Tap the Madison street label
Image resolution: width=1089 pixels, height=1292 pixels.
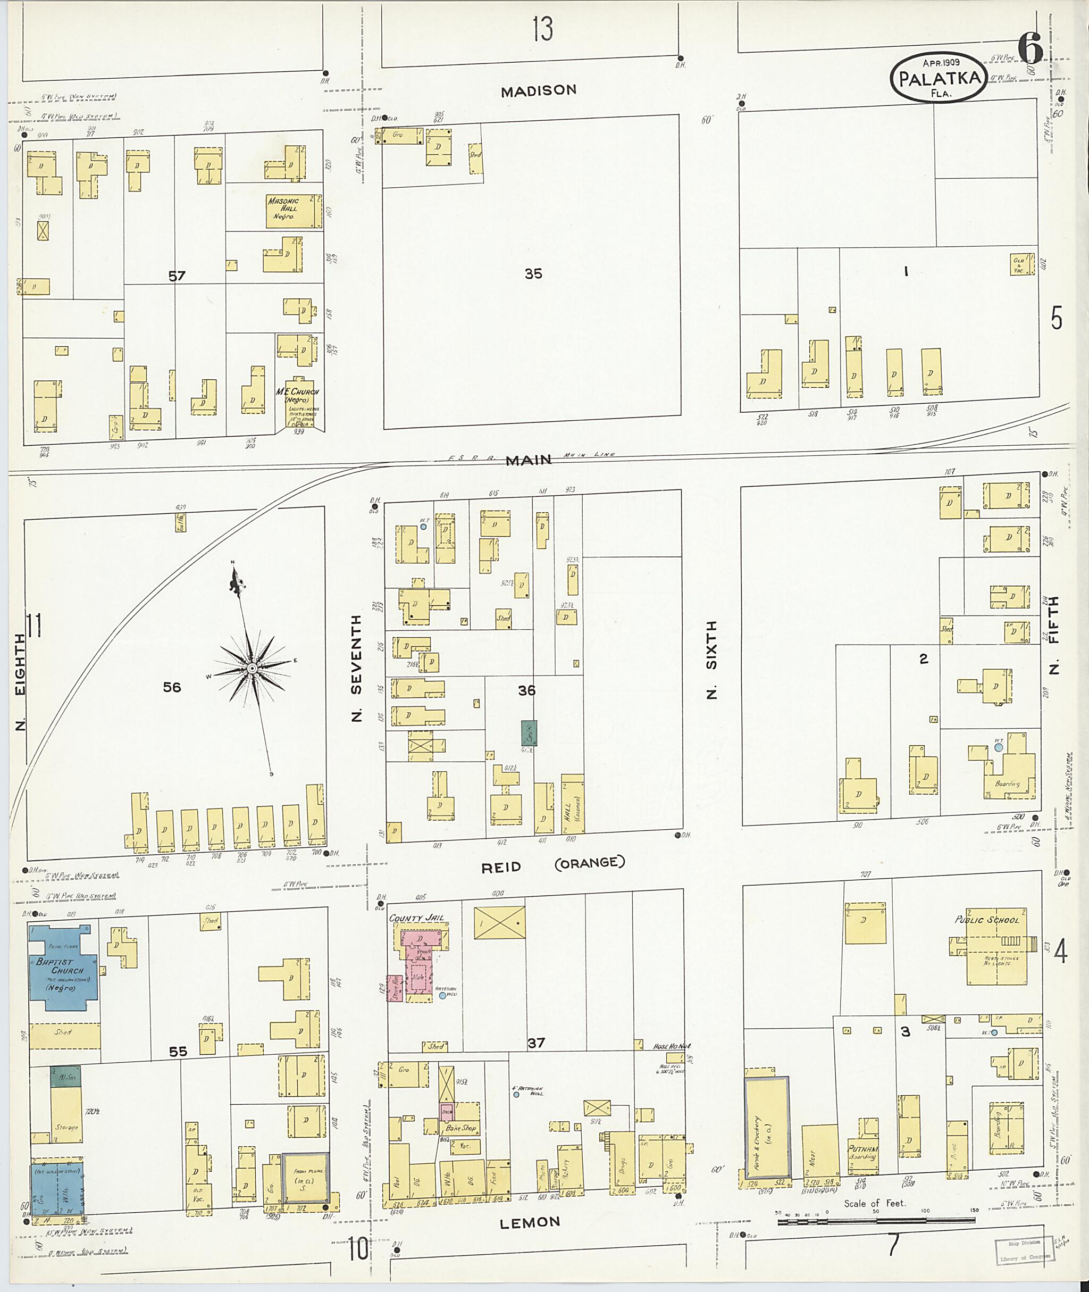pyautogui.click(x=538, y=91)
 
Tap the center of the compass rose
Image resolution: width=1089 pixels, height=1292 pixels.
pyautogui.click(x=252, y=669)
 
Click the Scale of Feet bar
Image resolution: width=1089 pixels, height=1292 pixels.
pyautogui.click(x=877, y=1220)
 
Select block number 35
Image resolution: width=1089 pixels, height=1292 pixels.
pyautogui.click(x=533, y=273)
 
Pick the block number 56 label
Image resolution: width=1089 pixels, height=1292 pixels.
pyautogui.click(x=172, y=687)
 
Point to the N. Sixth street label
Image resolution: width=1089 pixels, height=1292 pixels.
pyautogui.click(x=711, y=660)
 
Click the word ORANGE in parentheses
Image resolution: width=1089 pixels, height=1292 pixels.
pyautogui.click(x=590, y=863)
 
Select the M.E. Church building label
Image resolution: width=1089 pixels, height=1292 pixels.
pyautogui.click(x=297, y=395)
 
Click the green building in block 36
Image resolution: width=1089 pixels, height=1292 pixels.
pyautogui.click(x=529, y=733)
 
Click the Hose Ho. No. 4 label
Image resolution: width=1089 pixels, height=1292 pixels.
pyautogui.click(x=671, y=1046)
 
